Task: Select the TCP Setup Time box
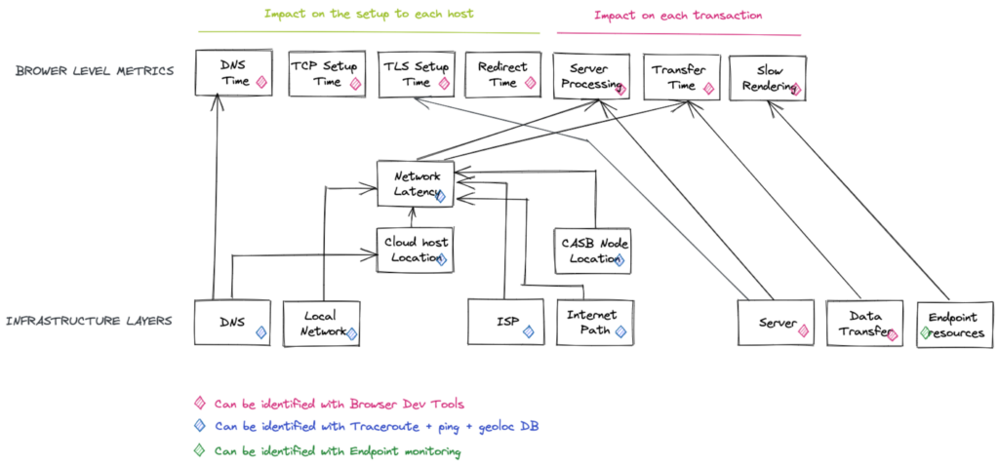pyautogui.click(x=328, y=74)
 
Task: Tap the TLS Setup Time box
pyautogui.click(x=416, y=74)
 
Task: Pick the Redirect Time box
pyautogui.click(x=503, y=74)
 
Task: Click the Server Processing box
pyautogui.click(x=591, y=76)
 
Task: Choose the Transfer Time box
pyautogui.click(x=682, y=77)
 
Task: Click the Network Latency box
pyautogui.click(x=416, y=183)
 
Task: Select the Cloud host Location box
pyautogui.click(x=416, y=251)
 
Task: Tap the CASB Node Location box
pyautogui.click(x=592, y=251)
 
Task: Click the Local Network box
pyautogui.click(x=322, y=323)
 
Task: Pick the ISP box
pyautogui.click(x=506, y=323)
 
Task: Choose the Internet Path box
pyautogui.click(x=595, y=323)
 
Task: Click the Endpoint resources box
pyautogui.click(x=954, y=325)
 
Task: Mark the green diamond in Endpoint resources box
pyautogui.click(x=925, y=331)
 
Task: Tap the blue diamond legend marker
pyautogui.click(x=200, y=426)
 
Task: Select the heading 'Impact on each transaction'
pyautogui.click(x=678, y=15)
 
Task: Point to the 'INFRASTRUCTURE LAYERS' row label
pyautogui.click(x=89, y=321)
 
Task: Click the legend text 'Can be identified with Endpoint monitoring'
pyautogui.click(x=337, y=451)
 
